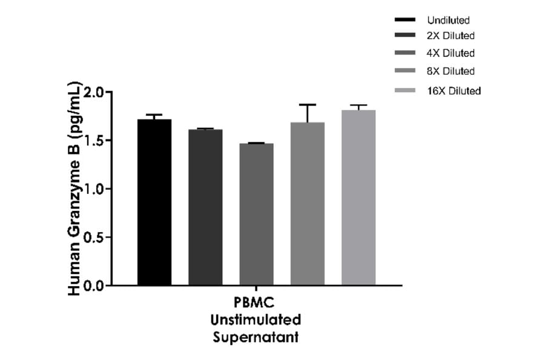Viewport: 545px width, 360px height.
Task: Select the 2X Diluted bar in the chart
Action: pyautogui.click(x=205, y=207)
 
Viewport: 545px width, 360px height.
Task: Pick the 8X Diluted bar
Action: pyautogui.click(x=308, y=203)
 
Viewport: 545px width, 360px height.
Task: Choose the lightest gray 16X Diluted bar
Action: pyautogui.click(x=358, y=197)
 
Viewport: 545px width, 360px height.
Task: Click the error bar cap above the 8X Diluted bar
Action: pyautogui.click(x=308, y=105)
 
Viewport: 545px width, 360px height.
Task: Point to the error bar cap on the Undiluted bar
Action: pyautogui.click(x=154, y=115)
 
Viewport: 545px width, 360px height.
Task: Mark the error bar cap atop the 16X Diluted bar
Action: pyautogui.click(x=358, y=105)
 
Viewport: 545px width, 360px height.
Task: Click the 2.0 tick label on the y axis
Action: pyautogui.click(x=94, y=93)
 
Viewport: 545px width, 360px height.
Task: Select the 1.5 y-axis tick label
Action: pyautogui.click(x=94, y=141)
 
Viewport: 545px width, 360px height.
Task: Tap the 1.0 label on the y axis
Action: pyautogui.click(x=94, y=189)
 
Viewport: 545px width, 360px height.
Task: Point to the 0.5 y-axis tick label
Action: pyautogui.click(x=94, y=237)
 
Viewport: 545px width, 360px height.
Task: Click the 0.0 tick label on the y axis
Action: pyautogui.click(x=94, y=285)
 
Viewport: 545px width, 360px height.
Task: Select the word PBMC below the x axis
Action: pyautogui.click(x=256, y=302)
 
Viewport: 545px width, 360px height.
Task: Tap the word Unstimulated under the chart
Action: pyautogui.click(x=256, y=319)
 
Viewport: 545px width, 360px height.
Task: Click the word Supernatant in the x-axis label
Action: pyautogui.click(x=256, y=337)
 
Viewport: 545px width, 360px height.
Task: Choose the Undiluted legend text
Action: pyautogui.click(x=448, y=21)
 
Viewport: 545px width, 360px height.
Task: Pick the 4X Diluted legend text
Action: pyautogui.click(x=451, y=53)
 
